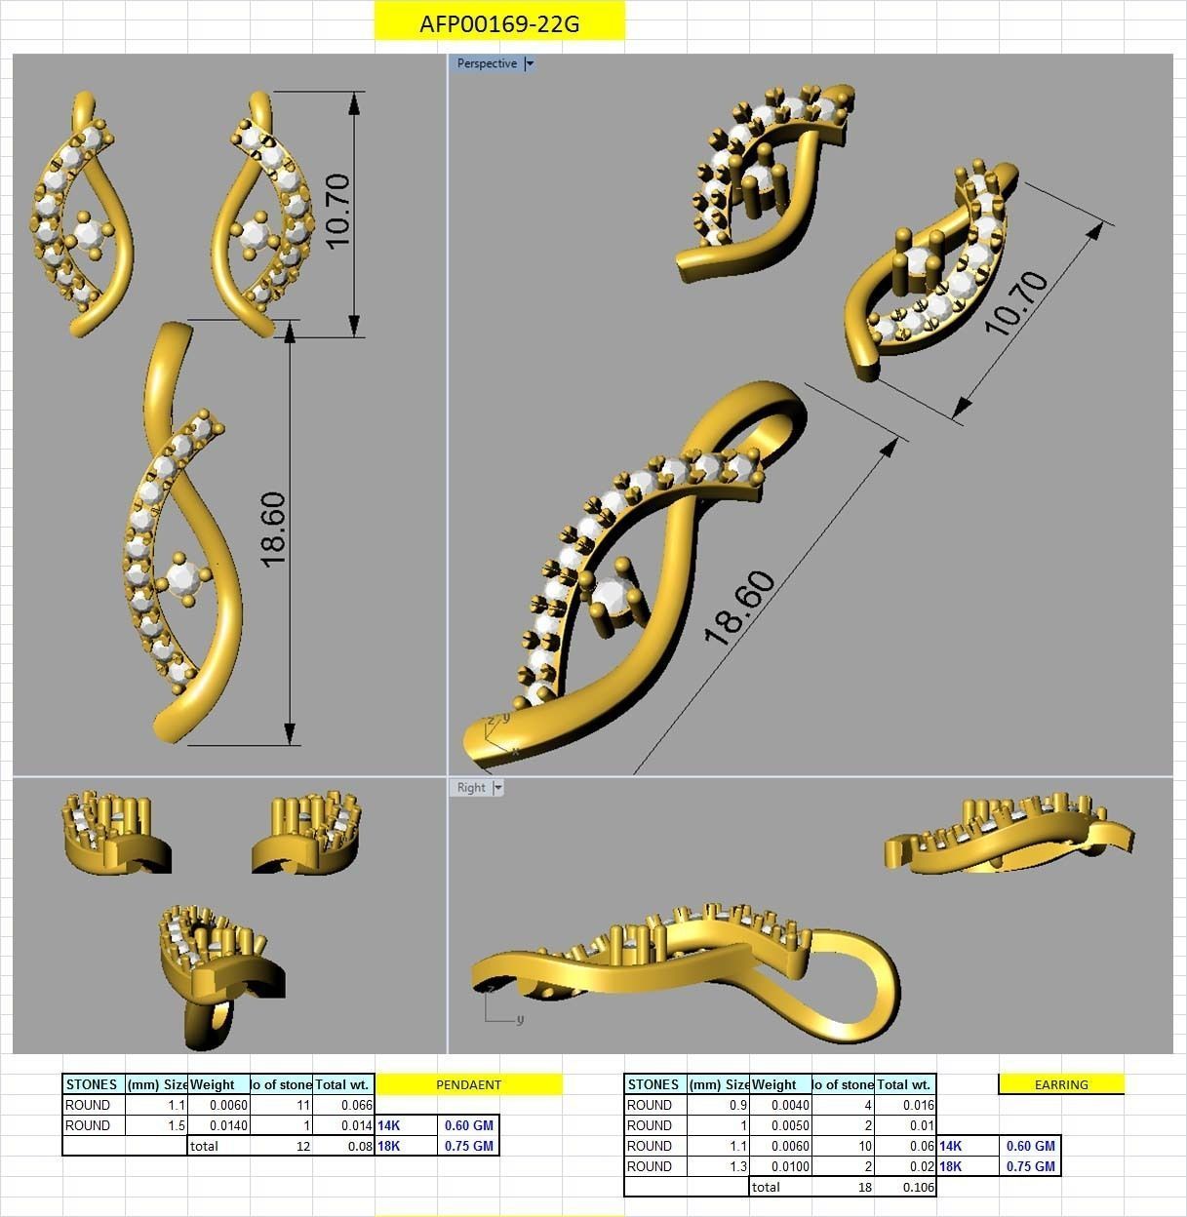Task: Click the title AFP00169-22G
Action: click(498, 23)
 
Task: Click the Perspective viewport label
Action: click(487, 63)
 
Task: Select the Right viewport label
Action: click(471, 788)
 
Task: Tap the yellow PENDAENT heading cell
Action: click(468, 1084)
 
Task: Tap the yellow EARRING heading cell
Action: click(1061, 1084)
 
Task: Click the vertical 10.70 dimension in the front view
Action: click(337, 211)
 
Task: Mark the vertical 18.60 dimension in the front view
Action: click(273, 530)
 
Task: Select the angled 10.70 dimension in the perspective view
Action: click(1016, 302)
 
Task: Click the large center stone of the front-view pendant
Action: click(182, 579)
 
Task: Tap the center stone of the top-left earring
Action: click(88, 234)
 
